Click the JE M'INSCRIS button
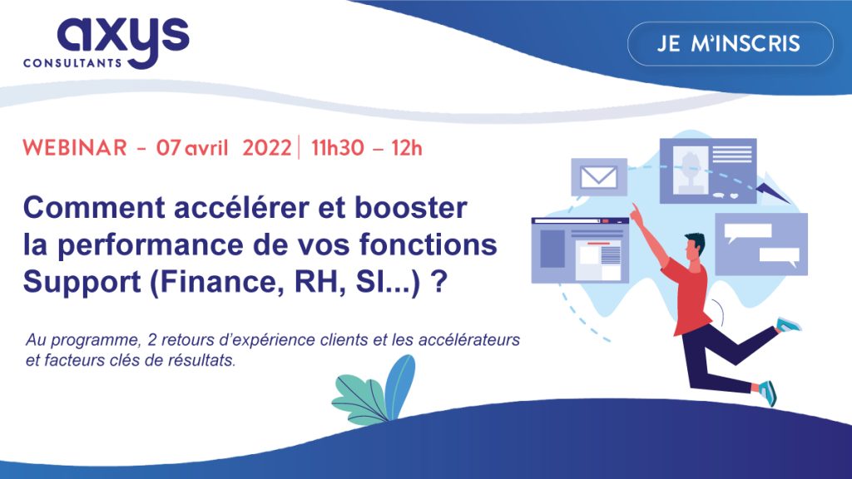coord(730,44)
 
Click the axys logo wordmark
coord(123,34)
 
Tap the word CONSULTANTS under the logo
coord(75,63)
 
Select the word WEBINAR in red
coord(75,149)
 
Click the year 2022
coord(268,149)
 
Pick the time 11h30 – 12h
coord(367,149)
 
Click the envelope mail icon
coord(598,176)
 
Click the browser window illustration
coord(580,249)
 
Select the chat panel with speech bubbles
coord(760,244)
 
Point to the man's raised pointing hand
coord(635,211)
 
